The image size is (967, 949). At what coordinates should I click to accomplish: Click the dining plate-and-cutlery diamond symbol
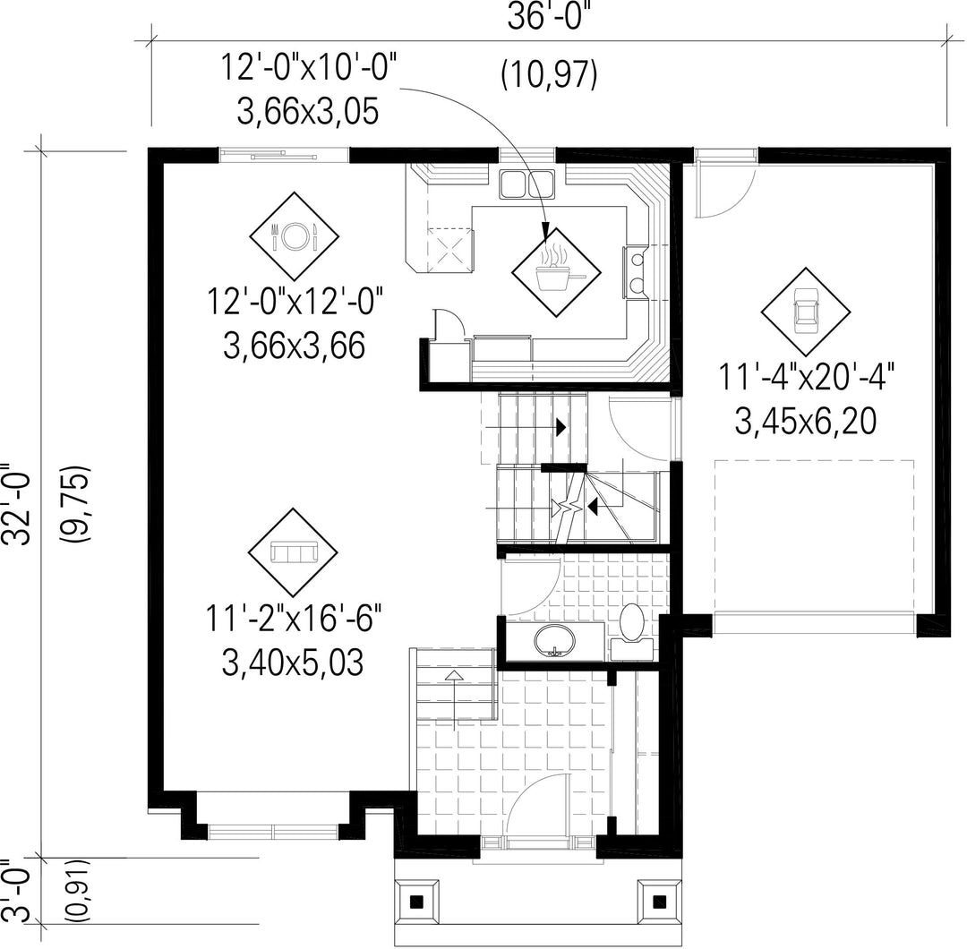click(295, 235)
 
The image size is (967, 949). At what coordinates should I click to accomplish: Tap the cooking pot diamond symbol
click(556, 272)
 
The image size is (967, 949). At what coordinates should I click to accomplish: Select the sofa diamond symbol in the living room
click(293, 552)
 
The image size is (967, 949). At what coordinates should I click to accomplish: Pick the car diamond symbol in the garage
click(806, 312)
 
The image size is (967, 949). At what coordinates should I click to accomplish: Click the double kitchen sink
click(526, 184)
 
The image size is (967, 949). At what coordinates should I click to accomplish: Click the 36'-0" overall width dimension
click(544, 17)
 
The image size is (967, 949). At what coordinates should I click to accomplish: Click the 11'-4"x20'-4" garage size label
click(806, 378)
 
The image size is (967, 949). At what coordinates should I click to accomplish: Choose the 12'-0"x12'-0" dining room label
click(295, 301)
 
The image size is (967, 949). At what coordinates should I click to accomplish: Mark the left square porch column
click(417, 902)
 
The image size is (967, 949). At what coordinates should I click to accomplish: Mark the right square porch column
click(659, 902)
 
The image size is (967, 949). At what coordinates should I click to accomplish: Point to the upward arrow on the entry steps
click(455, 700)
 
